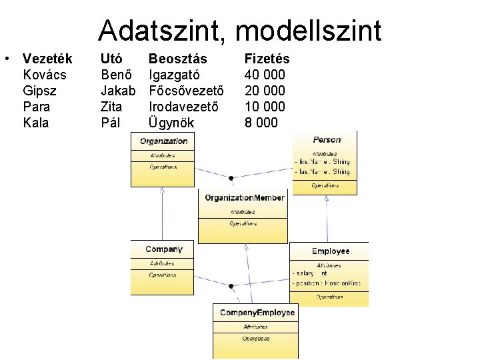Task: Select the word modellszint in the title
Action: coord(309,31)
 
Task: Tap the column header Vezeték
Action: coord(47,59)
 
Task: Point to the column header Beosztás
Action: coord(177,59)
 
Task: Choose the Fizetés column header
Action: coord(267,59)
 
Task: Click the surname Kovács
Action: coord(45,75)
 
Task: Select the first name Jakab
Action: coord(118,91)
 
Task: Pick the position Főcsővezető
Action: coord(187,91)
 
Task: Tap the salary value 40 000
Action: coord(265,75)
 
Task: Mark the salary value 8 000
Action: coord(261,123)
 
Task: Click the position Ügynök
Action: coord(171,123)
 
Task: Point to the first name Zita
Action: coord(111,107)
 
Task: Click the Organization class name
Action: coord(164,141)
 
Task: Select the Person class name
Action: coord(327,140)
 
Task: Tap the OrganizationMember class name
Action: coord(244,198)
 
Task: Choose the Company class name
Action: coord(164,249)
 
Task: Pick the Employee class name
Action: coord(331,251)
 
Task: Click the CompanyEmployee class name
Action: coord(257,313)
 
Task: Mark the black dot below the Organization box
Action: coord(231,178)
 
